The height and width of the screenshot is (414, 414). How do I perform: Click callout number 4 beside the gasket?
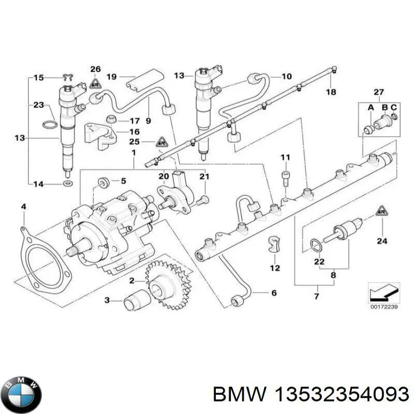(23, 208)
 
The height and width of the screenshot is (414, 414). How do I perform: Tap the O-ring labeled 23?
(49, 125)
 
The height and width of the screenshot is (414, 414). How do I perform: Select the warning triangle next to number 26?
(95, 82)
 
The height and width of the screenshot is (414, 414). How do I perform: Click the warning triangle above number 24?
(381, 211)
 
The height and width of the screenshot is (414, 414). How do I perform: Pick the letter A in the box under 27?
(370, 107)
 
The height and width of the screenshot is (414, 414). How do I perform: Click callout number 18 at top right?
(331, 92)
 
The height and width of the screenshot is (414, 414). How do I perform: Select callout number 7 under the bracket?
(317, 297)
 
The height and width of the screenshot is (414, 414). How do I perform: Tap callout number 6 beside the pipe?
(274, 293)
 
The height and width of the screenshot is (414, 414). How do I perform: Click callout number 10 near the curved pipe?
(286, 76)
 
